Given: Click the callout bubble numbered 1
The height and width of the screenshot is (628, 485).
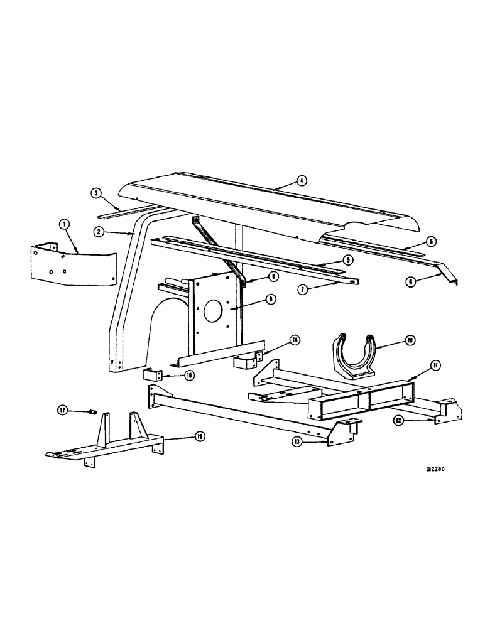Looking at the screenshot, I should point(63,224).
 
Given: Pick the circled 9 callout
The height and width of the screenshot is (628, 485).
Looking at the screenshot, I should point(270,300).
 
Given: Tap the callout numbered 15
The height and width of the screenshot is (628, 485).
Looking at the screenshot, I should point(189,375).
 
